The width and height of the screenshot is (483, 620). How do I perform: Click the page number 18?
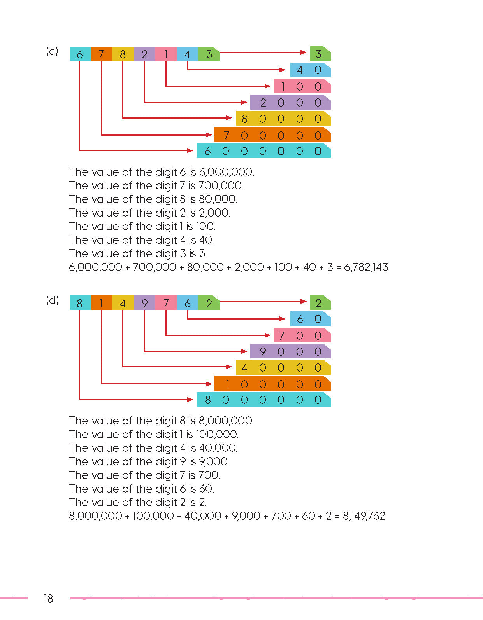point(48,598)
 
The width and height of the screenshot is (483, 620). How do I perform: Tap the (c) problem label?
point(52,51)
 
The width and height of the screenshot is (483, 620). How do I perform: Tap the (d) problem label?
point(52,300)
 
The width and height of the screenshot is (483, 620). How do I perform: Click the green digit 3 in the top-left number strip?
point(209,54)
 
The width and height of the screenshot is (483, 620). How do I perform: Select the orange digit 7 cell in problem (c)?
point(101,54)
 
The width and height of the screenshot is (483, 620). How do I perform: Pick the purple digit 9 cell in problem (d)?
point(144,303)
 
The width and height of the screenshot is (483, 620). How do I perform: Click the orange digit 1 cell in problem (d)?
point(101,303)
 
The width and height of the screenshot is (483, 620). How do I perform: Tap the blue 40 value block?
point(310,70)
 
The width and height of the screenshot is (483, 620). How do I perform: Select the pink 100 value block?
point(302,86)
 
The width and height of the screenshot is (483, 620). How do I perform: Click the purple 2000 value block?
point(290,103)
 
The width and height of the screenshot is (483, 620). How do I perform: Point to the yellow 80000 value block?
point(283,119)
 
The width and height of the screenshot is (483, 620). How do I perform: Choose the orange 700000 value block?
point(272,135)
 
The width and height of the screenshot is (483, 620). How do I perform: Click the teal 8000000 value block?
point(263,400)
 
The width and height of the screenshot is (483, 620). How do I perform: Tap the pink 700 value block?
point(302,335)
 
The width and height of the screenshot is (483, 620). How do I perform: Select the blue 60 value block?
point(310,319)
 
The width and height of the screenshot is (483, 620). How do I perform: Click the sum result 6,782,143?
point(366,267)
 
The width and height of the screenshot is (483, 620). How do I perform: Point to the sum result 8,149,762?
point(364,516)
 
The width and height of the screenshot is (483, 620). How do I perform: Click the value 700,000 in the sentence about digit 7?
point(220,185)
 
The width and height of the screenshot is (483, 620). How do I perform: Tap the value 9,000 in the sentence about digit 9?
point(214,461)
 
